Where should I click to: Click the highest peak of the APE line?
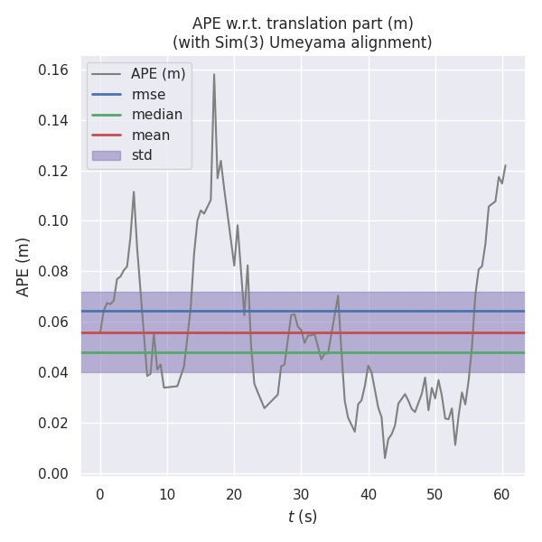(x=214, y=74)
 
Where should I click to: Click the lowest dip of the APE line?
(x=385, y=458)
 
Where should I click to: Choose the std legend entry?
(x=142, y=155)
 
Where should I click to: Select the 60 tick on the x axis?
(x=502, y=494)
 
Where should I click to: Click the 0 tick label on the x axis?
(x=100, y=494)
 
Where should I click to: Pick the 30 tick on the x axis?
(x=301, y=494)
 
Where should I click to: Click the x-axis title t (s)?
(x=303, y=518)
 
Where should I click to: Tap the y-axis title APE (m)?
(x=23, y=266)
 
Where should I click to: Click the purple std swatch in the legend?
(x=106, y=155)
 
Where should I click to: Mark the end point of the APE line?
(x=505, y=165)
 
